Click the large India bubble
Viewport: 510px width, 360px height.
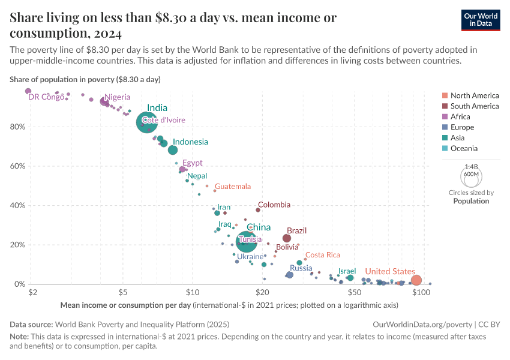pyautogui.click(x=146, y=122)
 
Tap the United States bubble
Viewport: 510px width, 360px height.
pyautogui.click(x=416, y=280)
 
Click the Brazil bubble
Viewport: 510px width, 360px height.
pyautogui.click(x=287, y=238)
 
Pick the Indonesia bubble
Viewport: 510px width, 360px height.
pyautogui.click(x=173, y=150)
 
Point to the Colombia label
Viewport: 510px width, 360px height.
pyautogui.click(x=274, y=205)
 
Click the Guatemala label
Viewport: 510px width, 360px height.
pyautogui.click(x=233, y=187)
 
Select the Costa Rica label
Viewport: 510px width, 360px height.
pyautogui.click(x=323, y=255)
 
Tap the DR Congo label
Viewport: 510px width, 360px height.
pyautogui.click(x=46, y=97)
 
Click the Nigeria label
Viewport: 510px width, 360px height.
pyautogui.click(x=117, y=97)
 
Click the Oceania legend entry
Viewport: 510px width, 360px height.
pyautogui.click(x=465, y=148)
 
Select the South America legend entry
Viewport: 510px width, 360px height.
pyautogui.click(x=474, y=106)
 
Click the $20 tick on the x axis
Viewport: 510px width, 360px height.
pyautogui.click(x=262, y=292)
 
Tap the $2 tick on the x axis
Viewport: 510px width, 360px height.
pyautogui.click(x=33, y=292)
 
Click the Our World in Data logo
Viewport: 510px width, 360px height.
pyautogui.click(x=482, y=19)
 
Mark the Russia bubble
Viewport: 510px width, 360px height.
pyautogui.click(x=290, y=275)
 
